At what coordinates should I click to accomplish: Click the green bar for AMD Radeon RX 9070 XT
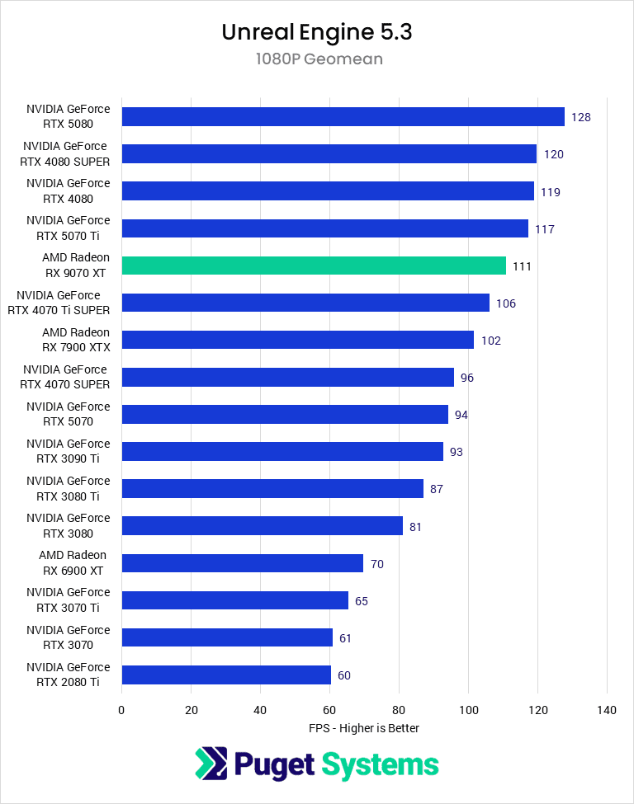pyautogui.click(x=314, y=266)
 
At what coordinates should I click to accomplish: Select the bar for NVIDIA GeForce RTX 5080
pyautogui.click(x=343, y=116)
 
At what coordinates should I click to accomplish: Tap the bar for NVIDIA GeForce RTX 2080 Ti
pyautogui.click(x=226, y=675)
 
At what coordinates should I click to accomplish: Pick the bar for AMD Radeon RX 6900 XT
pyautogui.click(x=242, y=563)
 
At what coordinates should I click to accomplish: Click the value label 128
pyautogui.click(x=581, y=117)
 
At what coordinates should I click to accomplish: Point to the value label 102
pyautogui.click(x=491, y=341)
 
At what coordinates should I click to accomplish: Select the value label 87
pyautogui.click(x=437, y=489)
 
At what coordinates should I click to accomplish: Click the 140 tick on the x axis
pyautogui.click(x=607, y=709)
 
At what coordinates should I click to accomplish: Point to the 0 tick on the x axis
pyautogui.click(x=121, y=709)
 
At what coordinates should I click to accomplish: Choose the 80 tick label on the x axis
pyautogui.click(x=399, y=709)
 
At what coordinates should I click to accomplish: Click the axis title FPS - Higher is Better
pyautogui.click(x=364, y=727)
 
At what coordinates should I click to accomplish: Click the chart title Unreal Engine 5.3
pyautogui.click(x=317, y=32)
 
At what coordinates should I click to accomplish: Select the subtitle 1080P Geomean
pyautogui.click(x=317, y=59)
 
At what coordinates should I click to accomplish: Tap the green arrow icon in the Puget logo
pyautogui.click(x=210, y=764)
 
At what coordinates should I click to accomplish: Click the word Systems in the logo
pyautogui.click(x=380, y=764)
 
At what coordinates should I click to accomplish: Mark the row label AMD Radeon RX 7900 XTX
pyautogui.click(x=75, y=340)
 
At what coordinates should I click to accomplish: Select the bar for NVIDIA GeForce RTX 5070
pyautogui.click(x=285, y=414)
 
